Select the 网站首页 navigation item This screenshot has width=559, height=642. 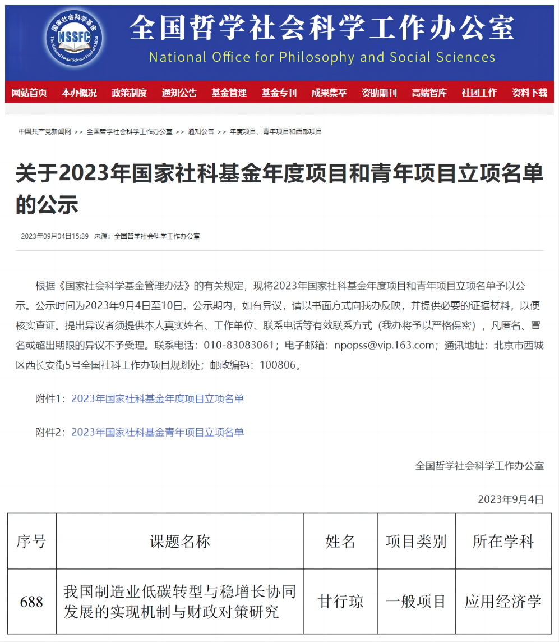tap(29, 93)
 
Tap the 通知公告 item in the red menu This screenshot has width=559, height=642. tap(179, 93)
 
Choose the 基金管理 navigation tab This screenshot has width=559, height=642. tap(229, 93)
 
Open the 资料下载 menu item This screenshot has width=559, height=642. tap(529, 93)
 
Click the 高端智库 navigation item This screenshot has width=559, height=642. tap(429, 93)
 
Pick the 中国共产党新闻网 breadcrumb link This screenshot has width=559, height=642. tap(45, 132)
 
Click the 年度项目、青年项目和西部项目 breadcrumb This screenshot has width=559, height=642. tap(276, 132)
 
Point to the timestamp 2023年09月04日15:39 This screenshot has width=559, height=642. tap(55, 236)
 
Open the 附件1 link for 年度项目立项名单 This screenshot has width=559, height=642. tap(158, 399)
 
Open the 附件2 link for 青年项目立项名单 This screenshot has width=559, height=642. tap(158, 432)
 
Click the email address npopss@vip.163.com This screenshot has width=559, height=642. tap(385, 345)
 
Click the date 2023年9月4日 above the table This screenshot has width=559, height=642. tap(511, 499)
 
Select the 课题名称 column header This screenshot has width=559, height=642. tap(179, 542)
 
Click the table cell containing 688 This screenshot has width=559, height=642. tap(31, 602)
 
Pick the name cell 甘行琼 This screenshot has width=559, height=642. tap(340, 602)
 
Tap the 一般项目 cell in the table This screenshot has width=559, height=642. tap(415, 602)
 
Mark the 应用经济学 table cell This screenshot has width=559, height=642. tap(503, 602)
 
